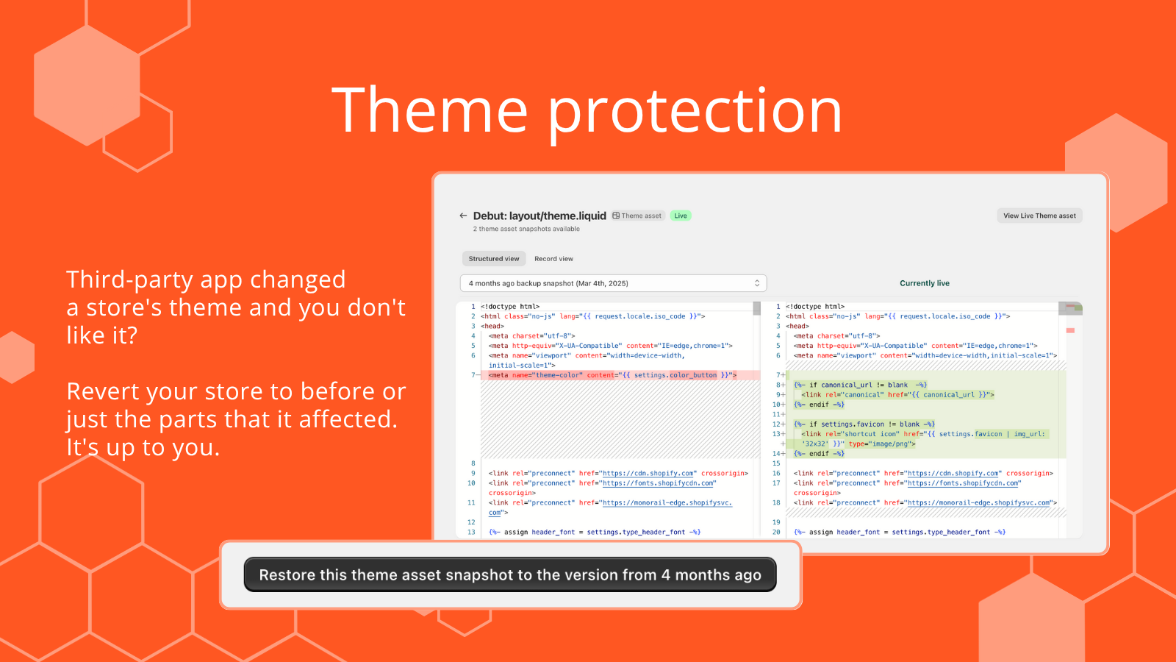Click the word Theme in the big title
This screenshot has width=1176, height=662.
[429, 110]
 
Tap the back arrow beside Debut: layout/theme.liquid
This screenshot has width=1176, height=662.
[463, 216]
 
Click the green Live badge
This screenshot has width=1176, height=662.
[681, 216]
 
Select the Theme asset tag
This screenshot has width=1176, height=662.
[637, 216]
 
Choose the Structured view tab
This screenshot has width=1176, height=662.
[493, 258]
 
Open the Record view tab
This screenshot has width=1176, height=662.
[553, 258]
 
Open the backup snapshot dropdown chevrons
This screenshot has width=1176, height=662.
[756, 283]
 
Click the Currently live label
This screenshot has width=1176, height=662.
[925, 283]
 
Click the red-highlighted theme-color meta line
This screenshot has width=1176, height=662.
[613, 375]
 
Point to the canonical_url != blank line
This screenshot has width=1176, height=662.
[861, 385]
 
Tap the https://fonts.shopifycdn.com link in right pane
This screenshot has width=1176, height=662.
[963, 483]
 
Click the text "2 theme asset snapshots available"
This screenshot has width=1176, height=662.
[526, 229]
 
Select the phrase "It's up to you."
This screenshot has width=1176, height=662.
[143, 448]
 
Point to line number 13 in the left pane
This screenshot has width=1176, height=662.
[471, 533]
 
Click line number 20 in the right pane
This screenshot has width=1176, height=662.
[776, 533]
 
